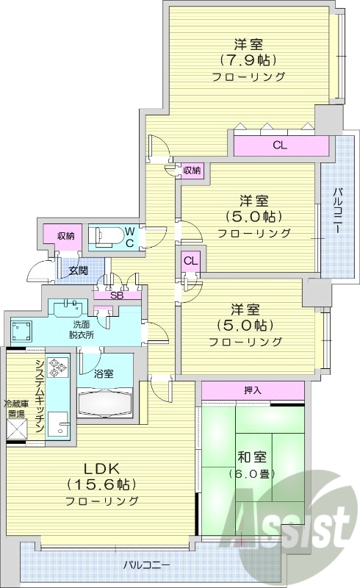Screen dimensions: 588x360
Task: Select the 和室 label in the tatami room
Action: pos(252,456)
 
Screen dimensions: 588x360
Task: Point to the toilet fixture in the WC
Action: pos(108,236)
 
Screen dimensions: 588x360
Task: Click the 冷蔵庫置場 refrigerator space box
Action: pos(17,429)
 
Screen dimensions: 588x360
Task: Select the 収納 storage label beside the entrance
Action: pos(65,236)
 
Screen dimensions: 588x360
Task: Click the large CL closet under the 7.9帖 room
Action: pos(280,145)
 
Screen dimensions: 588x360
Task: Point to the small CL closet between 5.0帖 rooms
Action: pos(190,260)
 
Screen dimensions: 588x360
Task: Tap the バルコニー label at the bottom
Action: pos(146,565)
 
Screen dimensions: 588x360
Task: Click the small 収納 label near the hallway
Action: pos(192,170)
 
